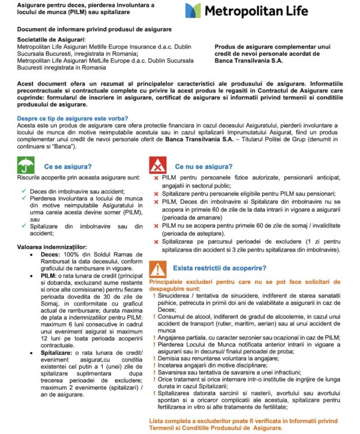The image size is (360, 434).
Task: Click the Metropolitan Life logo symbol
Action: [x=193, y=11]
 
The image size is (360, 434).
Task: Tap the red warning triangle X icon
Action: [x=157, y=167]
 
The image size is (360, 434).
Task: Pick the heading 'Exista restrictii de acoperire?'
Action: [x=219, y=269]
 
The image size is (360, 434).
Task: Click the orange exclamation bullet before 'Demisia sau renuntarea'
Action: [x=154, y=357]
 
